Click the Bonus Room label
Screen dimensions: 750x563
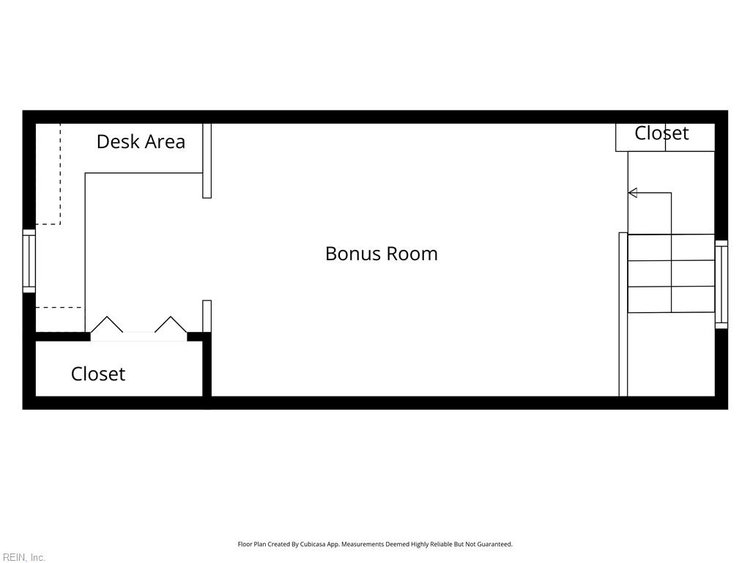click(381, 254)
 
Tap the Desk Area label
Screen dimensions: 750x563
click(141, 141)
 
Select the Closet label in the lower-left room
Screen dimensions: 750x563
click(98, 374)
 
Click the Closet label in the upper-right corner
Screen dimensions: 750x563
click(661, 133)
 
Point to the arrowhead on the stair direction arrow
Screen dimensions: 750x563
click(632, 193)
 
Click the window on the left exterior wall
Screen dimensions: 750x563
click(29, 261)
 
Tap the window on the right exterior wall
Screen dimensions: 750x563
click(721, 284)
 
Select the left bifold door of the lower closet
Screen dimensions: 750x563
click(107, 324)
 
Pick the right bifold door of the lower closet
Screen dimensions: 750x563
click(171, 324)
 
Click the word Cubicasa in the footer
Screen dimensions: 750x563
click(313, 545)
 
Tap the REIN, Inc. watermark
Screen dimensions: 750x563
click(23, 557)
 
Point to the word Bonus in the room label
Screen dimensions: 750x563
click(352, 254)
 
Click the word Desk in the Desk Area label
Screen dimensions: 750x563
click(118, 141)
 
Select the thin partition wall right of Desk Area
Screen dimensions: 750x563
click(207, 161)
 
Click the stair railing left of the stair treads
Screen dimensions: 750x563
click(623, 314)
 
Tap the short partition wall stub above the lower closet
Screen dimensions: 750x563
click(207, 316)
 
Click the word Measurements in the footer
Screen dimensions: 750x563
click(363, 545)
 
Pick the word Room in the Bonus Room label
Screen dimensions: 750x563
click(412, 254)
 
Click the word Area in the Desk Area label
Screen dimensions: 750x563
click(165, 141)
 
